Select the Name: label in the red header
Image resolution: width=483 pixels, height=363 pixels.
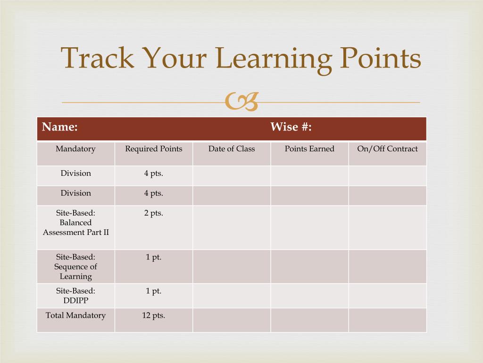(60, 127)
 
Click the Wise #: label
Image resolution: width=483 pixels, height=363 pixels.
(291, 127)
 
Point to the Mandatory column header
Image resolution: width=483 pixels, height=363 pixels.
(75, 149)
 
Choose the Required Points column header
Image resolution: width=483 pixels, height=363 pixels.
(153, 149)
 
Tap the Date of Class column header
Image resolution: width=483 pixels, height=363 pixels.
(232, 149)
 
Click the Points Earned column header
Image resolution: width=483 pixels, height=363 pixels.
(309, 149)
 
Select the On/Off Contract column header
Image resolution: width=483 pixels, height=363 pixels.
(387, 149)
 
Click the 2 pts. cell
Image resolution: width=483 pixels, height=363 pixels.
(153, 213)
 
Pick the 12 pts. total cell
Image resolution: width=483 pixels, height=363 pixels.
(153, 315)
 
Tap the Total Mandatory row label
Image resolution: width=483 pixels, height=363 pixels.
(75, 315)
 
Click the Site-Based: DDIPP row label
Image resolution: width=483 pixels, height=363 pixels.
(75, 296)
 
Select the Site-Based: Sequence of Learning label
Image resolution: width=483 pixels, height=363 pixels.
(75, 267)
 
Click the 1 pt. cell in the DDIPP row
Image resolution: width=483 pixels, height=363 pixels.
(153, 291)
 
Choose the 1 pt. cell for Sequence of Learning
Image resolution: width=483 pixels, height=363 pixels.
(153, 257)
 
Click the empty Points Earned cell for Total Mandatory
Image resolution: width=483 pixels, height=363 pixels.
(309, 320)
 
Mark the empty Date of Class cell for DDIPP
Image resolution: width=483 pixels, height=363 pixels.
(232, 296)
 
